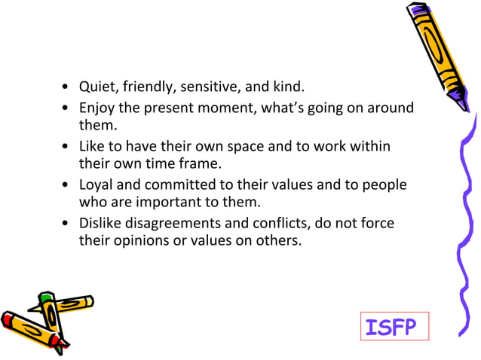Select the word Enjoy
[97, 108]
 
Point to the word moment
[228, 108]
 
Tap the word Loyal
[97, 185]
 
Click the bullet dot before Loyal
[68, 185]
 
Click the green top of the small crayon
[47, 300]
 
